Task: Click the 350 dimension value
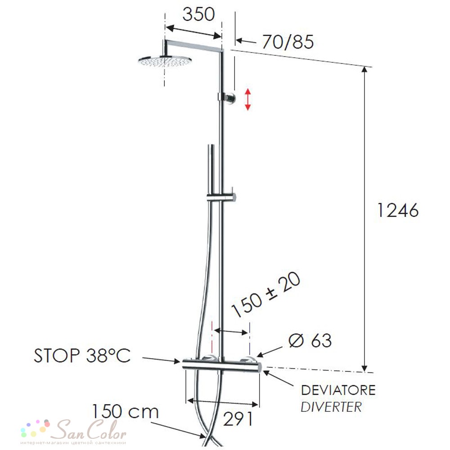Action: [198, 14]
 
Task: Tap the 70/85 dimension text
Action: [288, 42]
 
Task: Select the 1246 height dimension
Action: [398, 210]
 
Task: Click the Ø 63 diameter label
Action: [310, 340]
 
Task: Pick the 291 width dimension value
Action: [238, 418]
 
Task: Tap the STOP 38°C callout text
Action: [82, 355]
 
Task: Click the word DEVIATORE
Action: [338, 390]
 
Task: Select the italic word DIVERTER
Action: [331, 407]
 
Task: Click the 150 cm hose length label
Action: [126, 411]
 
